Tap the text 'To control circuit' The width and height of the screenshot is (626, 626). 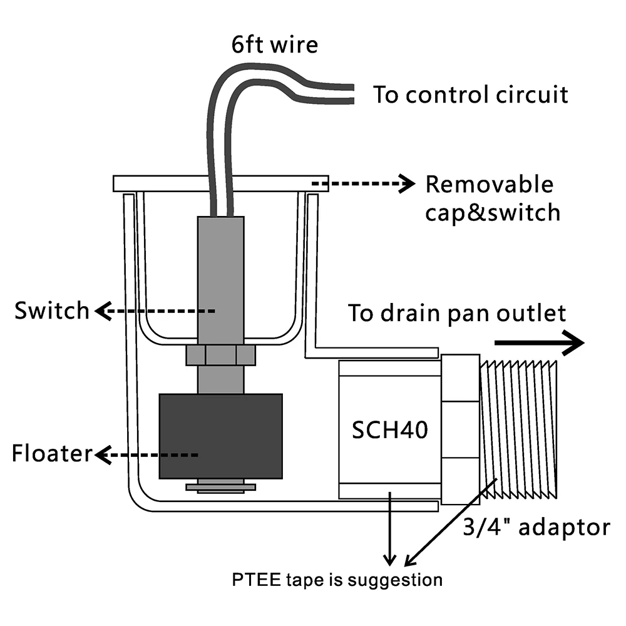471,95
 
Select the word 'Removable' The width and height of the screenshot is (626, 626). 490,185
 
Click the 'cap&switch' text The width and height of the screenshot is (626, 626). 492,212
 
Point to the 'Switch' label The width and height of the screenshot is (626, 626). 52,310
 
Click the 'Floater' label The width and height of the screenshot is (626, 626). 52,454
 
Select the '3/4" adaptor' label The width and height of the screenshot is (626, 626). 535,527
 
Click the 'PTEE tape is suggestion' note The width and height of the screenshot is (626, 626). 337,580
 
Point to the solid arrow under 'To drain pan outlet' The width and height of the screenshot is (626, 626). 538,343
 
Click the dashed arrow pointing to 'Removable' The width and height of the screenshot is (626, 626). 363,183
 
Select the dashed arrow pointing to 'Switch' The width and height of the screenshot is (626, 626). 156,310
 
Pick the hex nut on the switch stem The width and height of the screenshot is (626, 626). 220,355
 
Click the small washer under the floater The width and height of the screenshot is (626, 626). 220,487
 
